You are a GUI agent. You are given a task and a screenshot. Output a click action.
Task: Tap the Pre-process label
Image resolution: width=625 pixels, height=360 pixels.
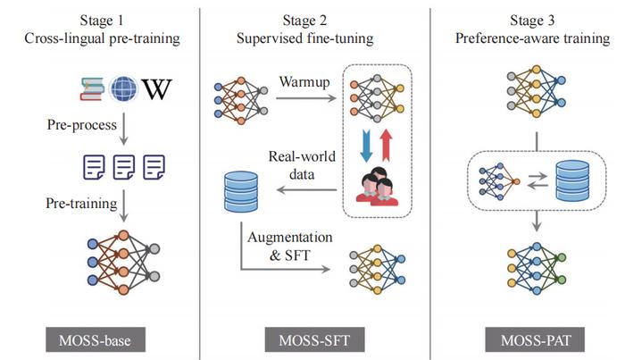pos(82,127)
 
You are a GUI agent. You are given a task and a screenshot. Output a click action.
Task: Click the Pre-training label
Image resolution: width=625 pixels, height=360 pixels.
pos(82,205)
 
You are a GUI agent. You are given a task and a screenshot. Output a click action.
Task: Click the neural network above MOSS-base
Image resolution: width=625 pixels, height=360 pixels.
pos(124,261)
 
